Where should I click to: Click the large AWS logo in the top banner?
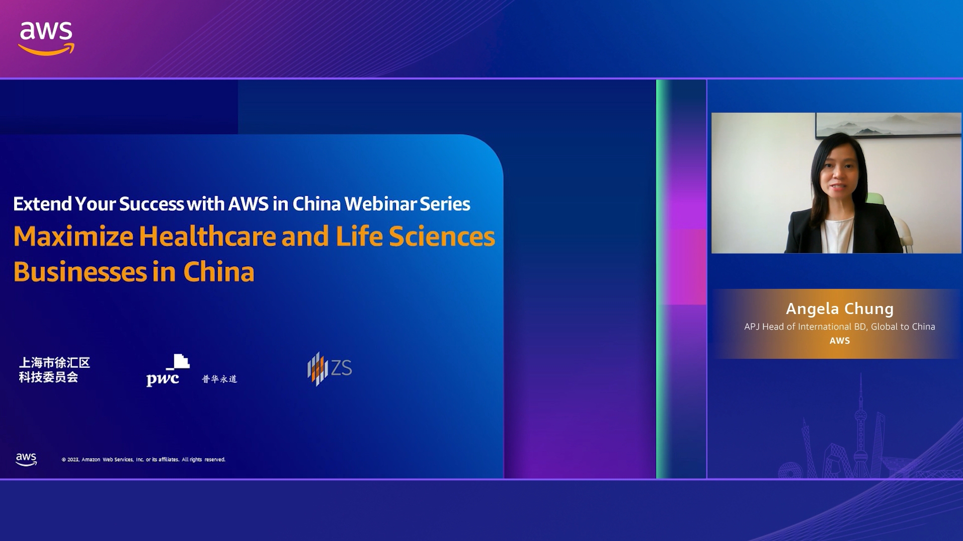pyautogui.click(x=46, y=39)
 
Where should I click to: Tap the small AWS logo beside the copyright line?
pyautogui.click(x=26, y=459)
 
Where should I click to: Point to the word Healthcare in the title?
pyautogui.click(x=208, y=237)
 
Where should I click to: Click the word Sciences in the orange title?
pyautogui.click(x=442, y=237)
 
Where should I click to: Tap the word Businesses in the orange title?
pyautogui.click(x=80, y=272)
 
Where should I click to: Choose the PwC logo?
pyautogui.click(x=168, y=370)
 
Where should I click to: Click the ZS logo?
pyautogui.click(x=330, y=369)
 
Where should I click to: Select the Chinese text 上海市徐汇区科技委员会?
pyautogui.click(x=54, y=370)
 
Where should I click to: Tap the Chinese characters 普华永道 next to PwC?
pyautogui.click(x=219, y=379)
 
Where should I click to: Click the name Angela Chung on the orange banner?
pyautogui.click(x=840, y=308)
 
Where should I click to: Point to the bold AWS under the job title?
pyautogui.click(x=840, y=341)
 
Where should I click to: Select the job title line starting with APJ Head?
pyautogui.click(x=840, y=327)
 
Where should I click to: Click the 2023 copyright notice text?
pyautogui.click(x=143, y=459)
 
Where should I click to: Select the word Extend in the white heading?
pyautogui.click(x=42, y=204)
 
